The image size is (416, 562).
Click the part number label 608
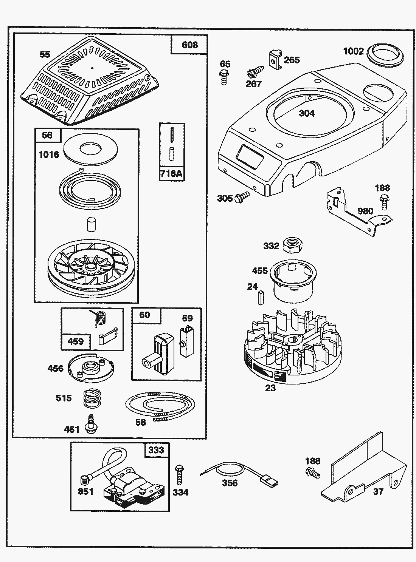click(x=189, y=45)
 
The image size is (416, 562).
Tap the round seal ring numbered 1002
click(x=386, y=54)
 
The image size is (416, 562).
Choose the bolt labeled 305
click(x=242, y=196)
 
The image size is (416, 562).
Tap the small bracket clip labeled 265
click(x=276, y=59)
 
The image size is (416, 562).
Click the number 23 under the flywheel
click(x=270, y=388)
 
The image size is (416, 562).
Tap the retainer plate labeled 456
click(x=91, y=367)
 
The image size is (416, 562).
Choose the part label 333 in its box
click(x=156, y=450)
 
